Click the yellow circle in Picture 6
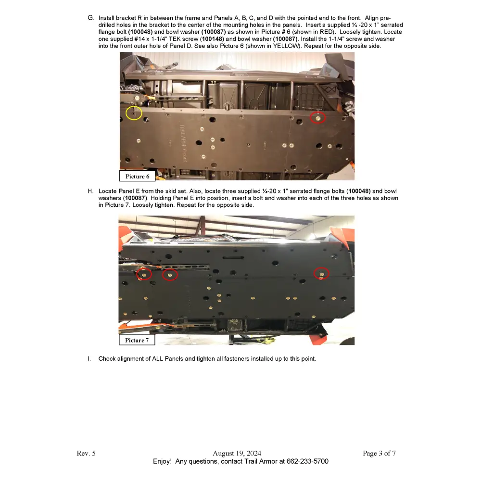(134, 113)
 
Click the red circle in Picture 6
(317, 117)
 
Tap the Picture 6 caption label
(137, 176)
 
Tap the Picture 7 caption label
(137, 340)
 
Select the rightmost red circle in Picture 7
(321, 274)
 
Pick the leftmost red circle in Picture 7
(144, 274)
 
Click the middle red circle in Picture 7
(169, 275)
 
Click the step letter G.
(90, 18)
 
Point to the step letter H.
(90, 191)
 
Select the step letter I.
(89, 359)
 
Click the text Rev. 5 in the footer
(86, 453)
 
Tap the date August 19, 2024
(237, 453)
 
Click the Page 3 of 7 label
(379, 453)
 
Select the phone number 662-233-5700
(307, 461)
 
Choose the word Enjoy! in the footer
(162, 461)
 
